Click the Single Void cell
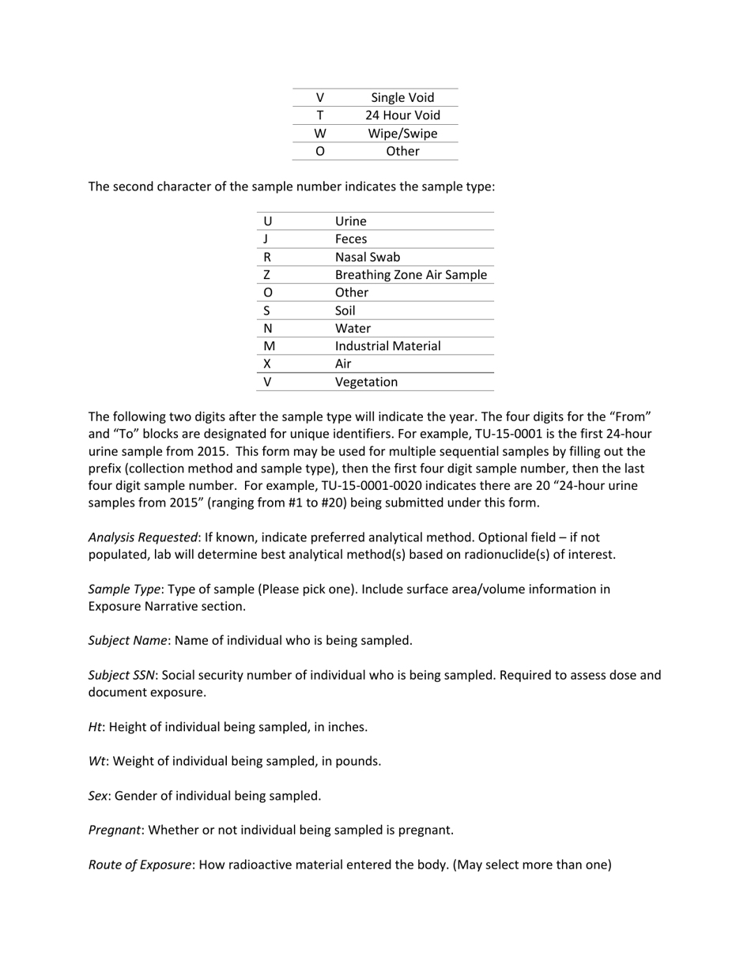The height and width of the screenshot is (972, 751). click(x=402, y=98)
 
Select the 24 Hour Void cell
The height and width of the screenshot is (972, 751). click(x=402, y=115)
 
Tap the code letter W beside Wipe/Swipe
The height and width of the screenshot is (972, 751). click(x=319, y=134)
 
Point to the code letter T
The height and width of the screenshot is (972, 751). click(x=319, y=115)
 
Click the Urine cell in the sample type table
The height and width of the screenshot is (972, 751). click(x=351, y=221)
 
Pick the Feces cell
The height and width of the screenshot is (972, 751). click(x=351, y=239)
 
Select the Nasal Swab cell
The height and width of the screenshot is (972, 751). click(x=368, y=257)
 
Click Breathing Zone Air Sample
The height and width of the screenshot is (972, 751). click(x=411, y=275)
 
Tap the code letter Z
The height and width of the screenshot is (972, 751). click(x=267, y=275)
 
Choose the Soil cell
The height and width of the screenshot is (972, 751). click(x=345, y=311)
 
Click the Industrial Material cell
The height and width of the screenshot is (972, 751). click(x=388, y=346)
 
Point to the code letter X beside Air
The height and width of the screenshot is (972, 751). click(x=267, y=364)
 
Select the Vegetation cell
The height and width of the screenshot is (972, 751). click(x=367, y=382)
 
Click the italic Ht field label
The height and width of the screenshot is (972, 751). click(x=94, y=727)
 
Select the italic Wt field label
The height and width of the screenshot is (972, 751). click(x=96, y=761)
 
